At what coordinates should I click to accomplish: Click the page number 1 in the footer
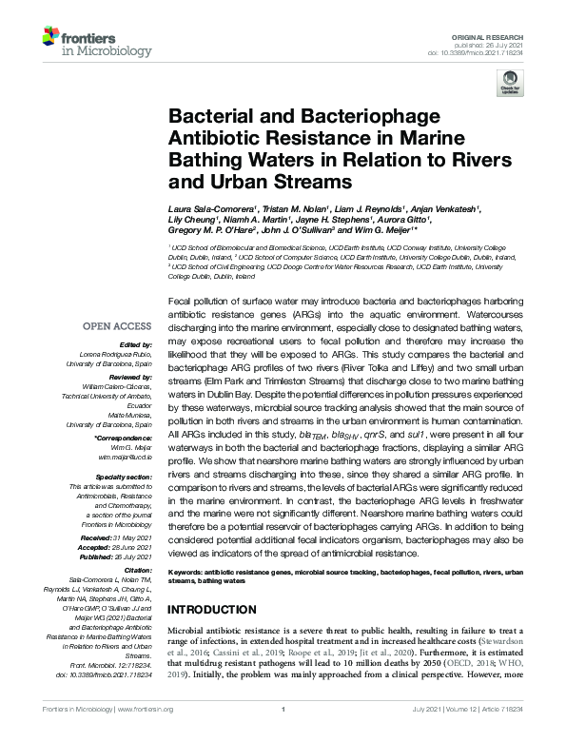click(283, 735)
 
